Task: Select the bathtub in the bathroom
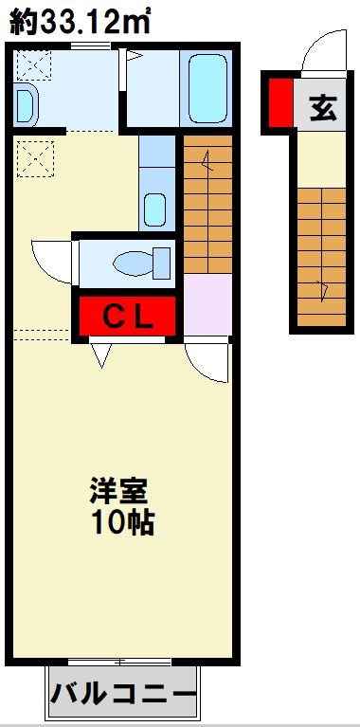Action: click(207, 87)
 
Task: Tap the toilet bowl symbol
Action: click(141, 261)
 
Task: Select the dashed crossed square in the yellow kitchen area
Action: click(36, 156)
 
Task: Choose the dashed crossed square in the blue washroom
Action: click(36, 64)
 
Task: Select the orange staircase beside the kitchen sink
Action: click(207, 204)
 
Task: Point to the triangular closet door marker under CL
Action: click(101, 356)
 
